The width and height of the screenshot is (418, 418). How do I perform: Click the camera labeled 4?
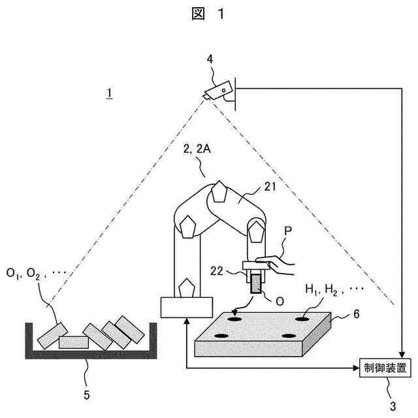pyautogui.click(x=219, y=89)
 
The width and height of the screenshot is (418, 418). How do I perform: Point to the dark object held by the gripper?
pyautogui.click(x=255, y=283)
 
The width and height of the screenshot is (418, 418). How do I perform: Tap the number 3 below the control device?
pyautogui.click(x=393, y=406)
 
